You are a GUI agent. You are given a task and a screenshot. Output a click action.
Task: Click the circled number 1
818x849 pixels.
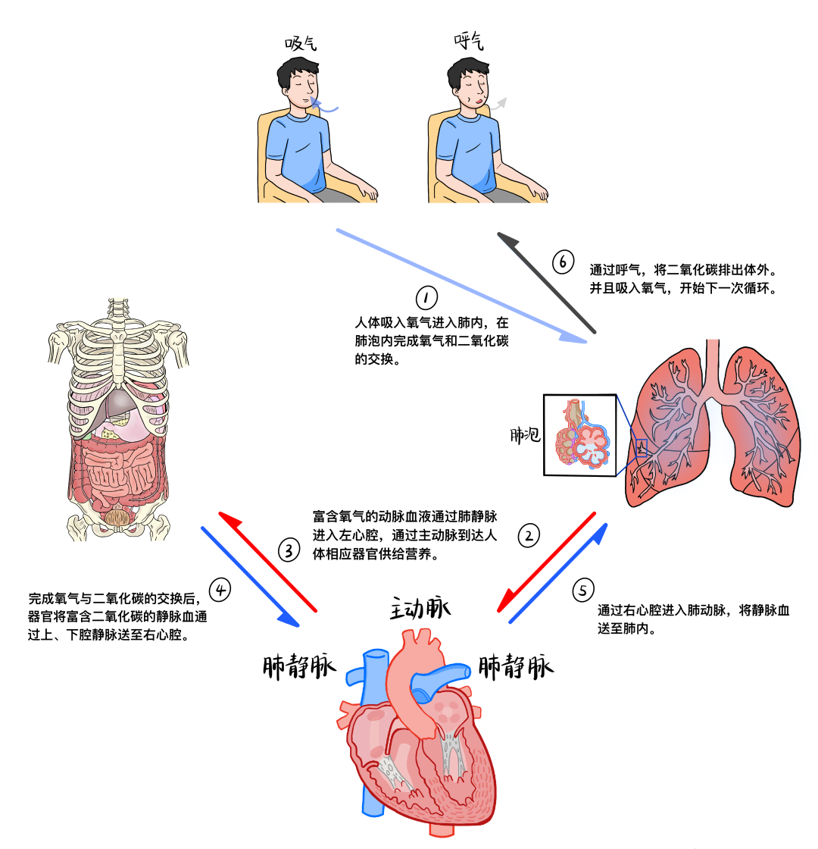(426, 296)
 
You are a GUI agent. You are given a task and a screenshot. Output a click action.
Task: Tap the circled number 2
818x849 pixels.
(529, 536)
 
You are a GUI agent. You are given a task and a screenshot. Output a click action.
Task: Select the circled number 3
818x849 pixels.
(290, 550)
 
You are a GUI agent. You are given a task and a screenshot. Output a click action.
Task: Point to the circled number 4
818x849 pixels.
(220, 587)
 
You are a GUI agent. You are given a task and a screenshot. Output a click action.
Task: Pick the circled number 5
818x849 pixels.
(581, 589)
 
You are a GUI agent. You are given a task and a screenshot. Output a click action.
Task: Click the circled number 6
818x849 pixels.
(563, 262)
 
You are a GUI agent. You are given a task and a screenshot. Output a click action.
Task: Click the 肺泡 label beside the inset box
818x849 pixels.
(524, 435)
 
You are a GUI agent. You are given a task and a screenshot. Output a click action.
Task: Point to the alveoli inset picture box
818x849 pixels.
(579, 434)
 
